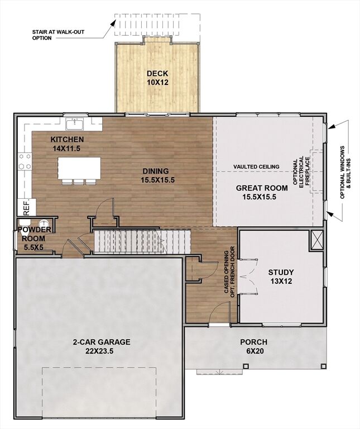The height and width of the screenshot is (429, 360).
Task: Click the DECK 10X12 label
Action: [157, 78]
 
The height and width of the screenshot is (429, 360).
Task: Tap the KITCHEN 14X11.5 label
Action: [67, 144]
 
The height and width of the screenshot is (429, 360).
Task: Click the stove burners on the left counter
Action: [25, 161]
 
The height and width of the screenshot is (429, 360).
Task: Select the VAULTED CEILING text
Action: [256, 166]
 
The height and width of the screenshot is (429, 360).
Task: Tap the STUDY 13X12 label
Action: [281, 277]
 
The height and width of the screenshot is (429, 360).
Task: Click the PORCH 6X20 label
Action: [253, 346]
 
